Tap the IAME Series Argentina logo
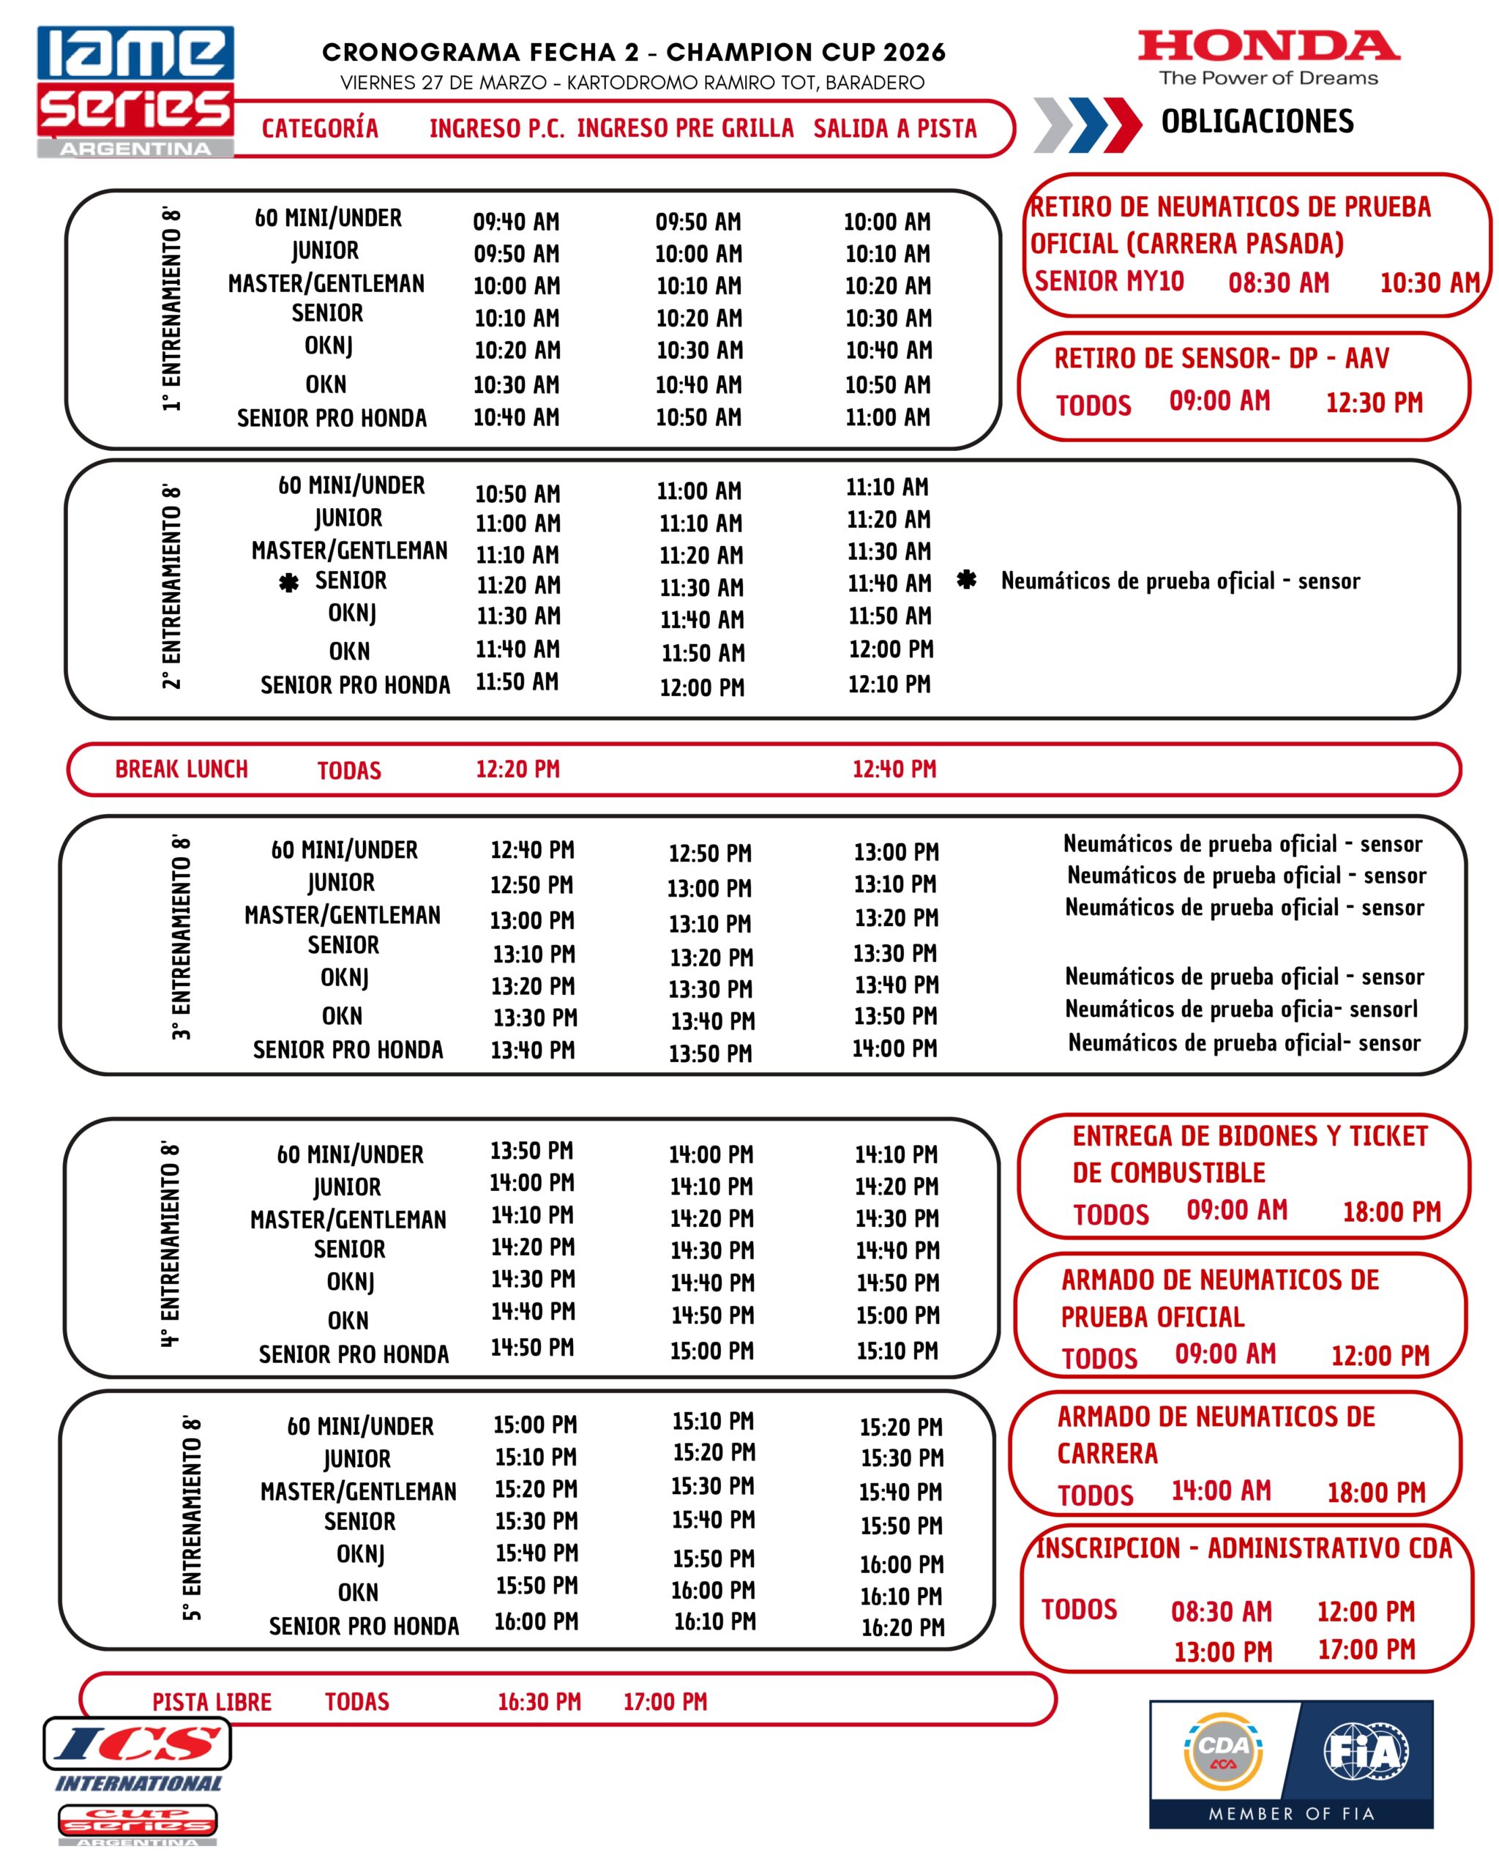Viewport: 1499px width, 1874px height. point(135,92)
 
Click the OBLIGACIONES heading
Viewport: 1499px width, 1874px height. point(1257,121)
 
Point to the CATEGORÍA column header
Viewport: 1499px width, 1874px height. point(320,129)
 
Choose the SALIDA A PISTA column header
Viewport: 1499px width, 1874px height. point(895,129)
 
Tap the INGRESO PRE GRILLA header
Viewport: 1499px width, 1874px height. point(685,129)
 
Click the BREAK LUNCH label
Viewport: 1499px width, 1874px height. point(182,769)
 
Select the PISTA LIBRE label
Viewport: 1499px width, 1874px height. point(212,1702)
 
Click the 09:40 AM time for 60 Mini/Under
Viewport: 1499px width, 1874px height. point(516,222)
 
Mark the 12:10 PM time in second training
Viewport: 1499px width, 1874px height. point(889,684)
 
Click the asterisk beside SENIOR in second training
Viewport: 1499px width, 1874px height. point(288,583)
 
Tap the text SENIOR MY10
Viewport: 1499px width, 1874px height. point(1109,282)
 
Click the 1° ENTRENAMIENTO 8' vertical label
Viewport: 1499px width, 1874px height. point(172,309)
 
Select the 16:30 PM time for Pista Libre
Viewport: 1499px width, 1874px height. point(539,1702)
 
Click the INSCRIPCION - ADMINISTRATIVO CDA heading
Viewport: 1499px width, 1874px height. point(1244,1548)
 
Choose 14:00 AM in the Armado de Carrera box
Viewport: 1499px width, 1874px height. point(1221,1490)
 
